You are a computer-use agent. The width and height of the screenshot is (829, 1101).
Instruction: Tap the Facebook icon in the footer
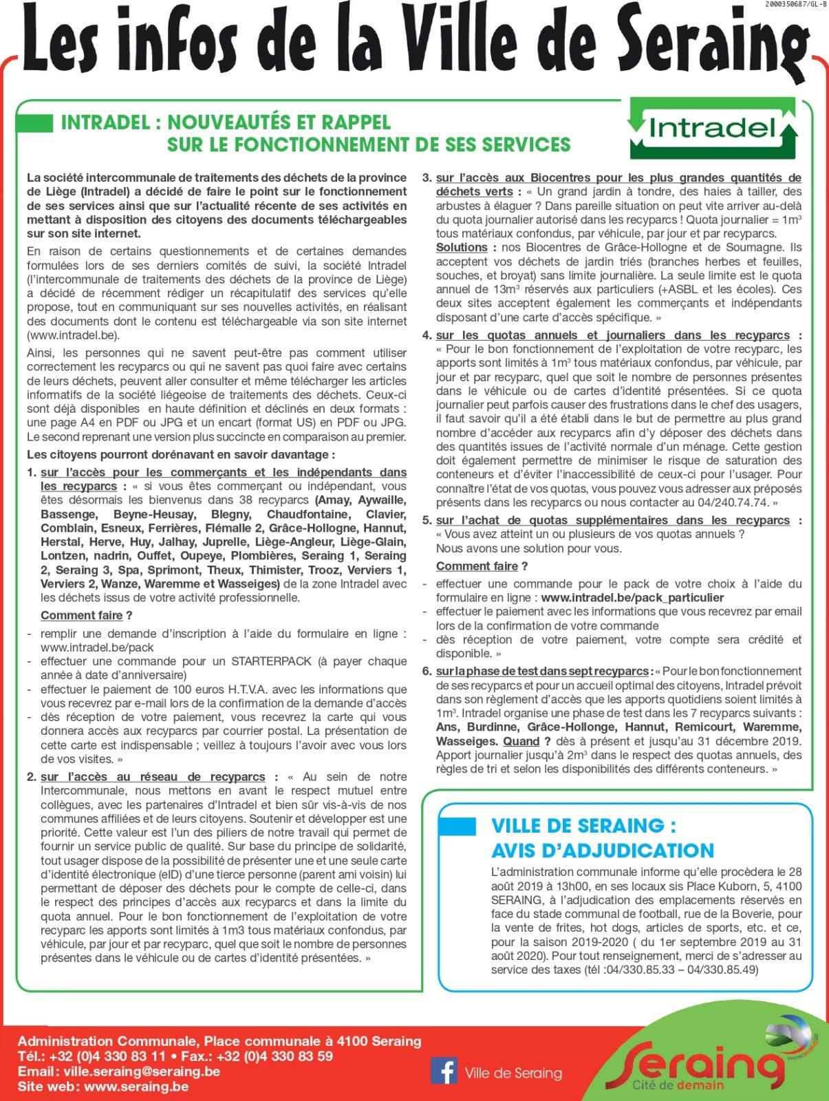pos(444,1072)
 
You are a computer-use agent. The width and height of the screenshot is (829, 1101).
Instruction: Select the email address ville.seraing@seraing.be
pos(142,1071)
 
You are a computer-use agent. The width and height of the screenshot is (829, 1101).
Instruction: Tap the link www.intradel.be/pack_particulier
pos(632,598)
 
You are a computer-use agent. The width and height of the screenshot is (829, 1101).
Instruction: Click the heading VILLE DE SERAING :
pos(583,826)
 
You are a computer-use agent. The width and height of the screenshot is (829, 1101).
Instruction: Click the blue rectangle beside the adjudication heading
pos(457,826)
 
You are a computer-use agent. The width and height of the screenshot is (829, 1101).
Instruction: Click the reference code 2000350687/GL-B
pos(795,5)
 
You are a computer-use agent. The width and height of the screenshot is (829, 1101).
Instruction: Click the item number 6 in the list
pos(427,671)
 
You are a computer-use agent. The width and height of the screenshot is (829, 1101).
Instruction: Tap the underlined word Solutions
pos(462,247)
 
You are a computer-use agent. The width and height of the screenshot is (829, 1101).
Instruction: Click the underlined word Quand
pos(521,741)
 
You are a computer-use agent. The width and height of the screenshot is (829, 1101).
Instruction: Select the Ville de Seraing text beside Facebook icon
pos(513,1073)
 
